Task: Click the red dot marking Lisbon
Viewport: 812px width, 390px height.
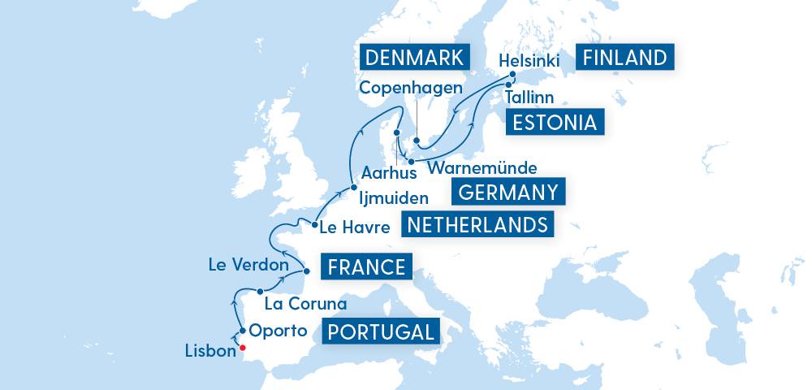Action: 242,349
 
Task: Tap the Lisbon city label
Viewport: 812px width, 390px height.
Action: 210,354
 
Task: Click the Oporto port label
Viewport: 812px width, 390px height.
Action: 278,331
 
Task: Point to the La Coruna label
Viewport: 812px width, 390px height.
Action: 306,304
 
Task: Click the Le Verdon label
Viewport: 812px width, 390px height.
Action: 248,265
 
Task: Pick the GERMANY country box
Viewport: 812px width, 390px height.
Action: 508,193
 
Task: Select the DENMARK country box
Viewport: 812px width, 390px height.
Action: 414,58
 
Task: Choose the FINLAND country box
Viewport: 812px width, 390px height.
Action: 625,58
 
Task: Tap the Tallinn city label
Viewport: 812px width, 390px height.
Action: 529,97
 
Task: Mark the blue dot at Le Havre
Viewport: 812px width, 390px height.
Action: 313,224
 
